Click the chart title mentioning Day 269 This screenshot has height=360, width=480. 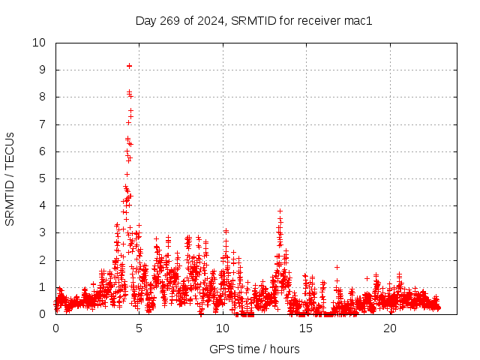point(253,21)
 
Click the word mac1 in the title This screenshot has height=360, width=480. point(358,21)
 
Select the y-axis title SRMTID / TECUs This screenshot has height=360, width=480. point(10,178)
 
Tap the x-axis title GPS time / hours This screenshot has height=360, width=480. point(254,349)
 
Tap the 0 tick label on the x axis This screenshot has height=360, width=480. point(55,328)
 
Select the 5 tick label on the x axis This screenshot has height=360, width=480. point(139,328)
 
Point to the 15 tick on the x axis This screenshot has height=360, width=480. point(306,328)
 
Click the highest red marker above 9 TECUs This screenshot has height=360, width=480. point(130,66)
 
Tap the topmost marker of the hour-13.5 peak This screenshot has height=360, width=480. point(280,211)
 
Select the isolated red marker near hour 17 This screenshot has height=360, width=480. point(337,267)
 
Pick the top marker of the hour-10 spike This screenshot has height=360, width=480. point(225,231)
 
